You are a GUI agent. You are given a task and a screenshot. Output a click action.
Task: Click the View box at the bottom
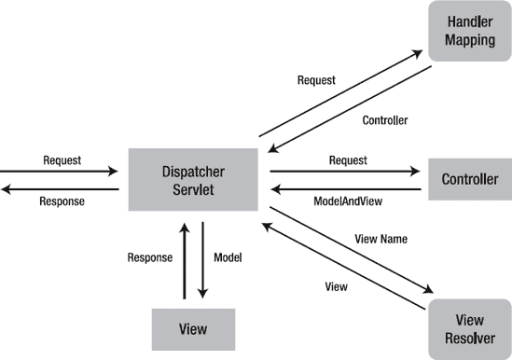coord(193,329)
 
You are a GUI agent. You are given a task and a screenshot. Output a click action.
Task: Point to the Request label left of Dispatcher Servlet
coord(62,159)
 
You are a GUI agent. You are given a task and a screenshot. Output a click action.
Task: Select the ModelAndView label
coord(347,201)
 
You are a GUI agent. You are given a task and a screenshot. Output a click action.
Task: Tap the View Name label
coord(381,240)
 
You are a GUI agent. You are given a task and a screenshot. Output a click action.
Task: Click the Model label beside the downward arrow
coord(229,257)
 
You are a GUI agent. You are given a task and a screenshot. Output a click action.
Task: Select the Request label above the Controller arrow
coord(348,159)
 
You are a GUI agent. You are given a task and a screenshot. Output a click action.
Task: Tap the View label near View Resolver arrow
coord(336,287)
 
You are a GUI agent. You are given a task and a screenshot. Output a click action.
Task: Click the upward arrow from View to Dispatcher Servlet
coord(185,260)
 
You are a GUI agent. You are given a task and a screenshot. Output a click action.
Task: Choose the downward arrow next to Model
coord(202,260)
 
